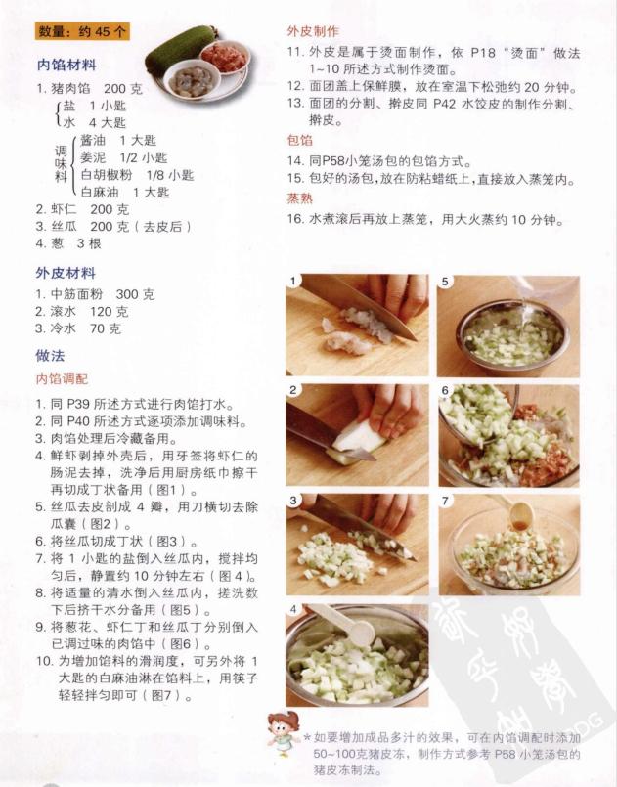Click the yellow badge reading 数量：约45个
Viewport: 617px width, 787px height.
(82, 31)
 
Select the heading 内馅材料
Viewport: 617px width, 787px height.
(66, 66)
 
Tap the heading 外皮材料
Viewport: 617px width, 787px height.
(66, 273)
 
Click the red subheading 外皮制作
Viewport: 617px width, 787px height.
(312, 30)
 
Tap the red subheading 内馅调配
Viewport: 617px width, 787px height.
(62, 378)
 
